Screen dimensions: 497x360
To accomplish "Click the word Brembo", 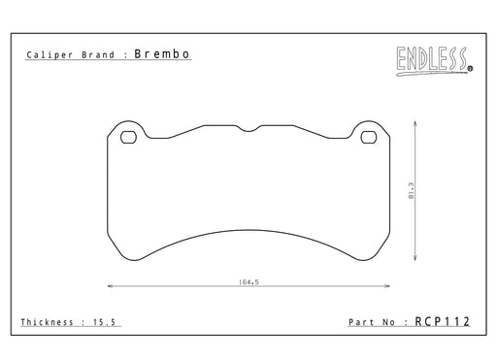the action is [x=162, y=54].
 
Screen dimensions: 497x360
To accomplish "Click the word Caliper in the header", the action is [x=50, y=55].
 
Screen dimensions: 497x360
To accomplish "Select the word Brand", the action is [x=98, y=54].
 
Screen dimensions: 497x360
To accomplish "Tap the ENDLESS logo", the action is [x=434, y=61].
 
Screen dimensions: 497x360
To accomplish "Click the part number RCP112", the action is [x=442, y=321].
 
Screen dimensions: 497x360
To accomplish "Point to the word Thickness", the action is [x=47, y=322].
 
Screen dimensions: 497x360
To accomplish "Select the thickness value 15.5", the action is [x=104, y=322].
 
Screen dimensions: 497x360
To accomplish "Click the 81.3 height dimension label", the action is [x=412, y=190].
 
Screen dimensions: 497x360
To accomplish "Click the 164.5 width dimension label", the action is [x=248, y=282].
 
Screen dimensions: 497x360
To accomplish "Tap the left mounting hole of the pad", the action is [x=128, y=137].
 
